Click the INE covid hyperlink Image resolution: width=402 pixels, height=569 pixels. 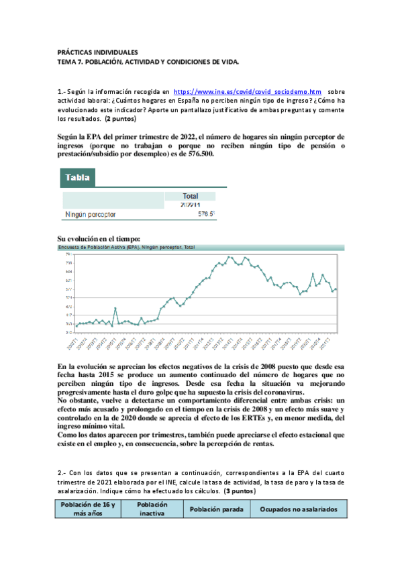tap(247, 91)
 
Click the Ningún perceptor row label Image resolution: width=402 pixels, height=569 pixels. tap(91, 215)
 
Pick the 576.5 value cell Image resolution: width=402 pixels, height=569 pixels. tap(206, 215)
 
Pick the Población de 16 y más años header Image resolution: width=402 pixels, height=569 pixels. tap(89, 509)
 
